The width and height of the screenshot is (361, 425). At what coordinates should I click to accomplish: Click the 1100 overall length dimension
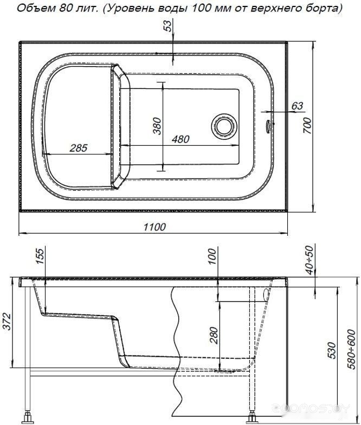tap(154, 227)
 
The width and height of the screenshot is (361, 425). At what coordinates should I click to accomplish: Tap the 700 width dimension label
tap(307, 126)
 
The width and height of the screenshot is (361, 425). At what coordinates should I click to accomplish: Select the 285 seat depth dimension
tap(78, 148)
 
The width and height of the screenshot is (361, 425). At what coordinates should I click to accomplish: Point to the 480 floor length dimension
tap(181, 139)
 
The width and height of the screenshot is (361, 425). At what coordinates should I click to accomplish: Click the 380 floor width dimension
tap(157, 126)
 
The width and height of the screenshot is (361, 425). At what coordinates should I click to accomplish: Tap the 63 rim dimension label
tap(297, 106)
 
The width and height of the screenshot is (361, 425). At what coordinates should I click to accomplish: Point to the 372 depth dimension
tap(7, 321)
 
